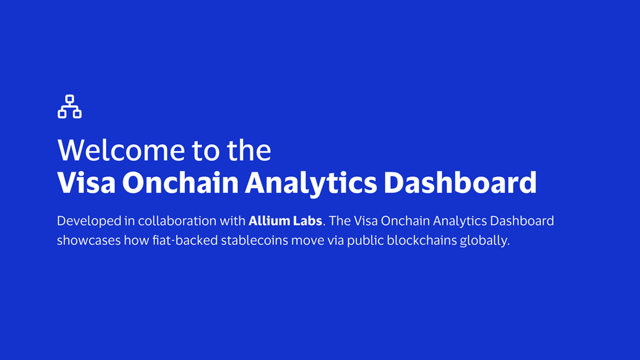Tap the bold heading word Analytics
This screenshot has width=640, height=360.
[311, 184]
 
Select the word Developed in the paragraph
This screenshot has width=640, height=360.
[89, 221]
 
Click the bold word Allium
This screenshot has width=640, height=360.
[269, 221]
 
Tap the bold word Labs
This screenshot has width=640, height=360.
[307, 221]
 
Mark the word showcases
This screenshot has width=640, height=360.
[89, 241]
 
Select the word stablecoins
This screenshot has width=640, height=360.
[255, 240]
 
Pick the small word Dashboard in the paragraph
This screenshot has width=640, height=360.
[522, 221]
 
